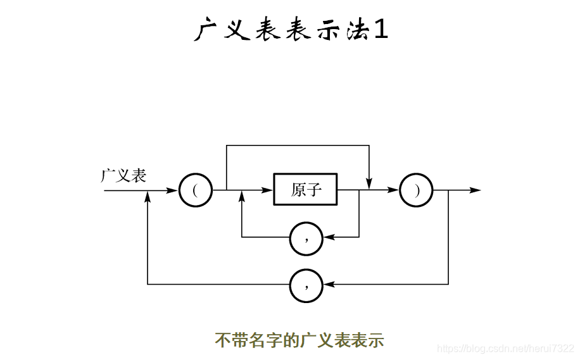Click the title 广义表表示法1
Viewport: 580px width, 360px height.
pyautogui.click(x=291, y=29)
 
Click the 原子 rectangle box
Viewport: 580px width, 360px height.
pyautogui.click(x=305, y=189)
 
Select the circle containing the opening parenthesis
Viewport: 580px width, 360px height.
pyautogui.click(x=195, y=190)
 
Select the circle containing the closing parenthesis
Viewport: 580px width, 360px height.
pyautogui.click(x=416, y=190)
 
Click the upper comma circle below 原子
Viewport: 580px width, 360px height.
pyautogui.click(x=306, y=238)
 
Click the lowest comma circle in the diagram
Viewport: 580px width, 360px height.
pyautogui.click(x=306, y=285)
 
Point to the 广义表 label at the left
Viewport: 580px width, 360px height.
pyautogui.click(x=123, y=175)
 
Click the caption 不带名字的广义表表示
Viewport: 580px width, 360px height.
pyautogui.click(x=299, y=340)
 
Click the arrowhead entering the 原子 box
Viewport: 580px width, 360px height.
pyautogui.click(x=268, y=190)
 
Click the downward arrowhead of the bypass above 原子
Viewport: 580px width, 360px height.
pyautogui.click(x=369, y=183)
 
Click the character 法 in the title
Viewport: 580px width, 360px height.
pyautogui.click(x=356, y=29)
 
